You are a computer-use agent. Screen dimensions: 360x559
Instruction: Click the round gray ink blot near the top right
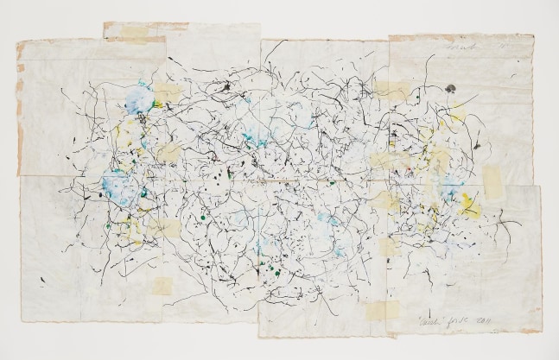pos(452,88)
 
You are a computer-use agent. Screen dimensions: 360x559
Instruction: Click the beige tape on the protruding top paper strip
pos(130,32)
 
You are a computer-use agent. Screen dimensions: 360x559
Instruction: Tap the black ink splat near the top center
pos(226,87)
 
